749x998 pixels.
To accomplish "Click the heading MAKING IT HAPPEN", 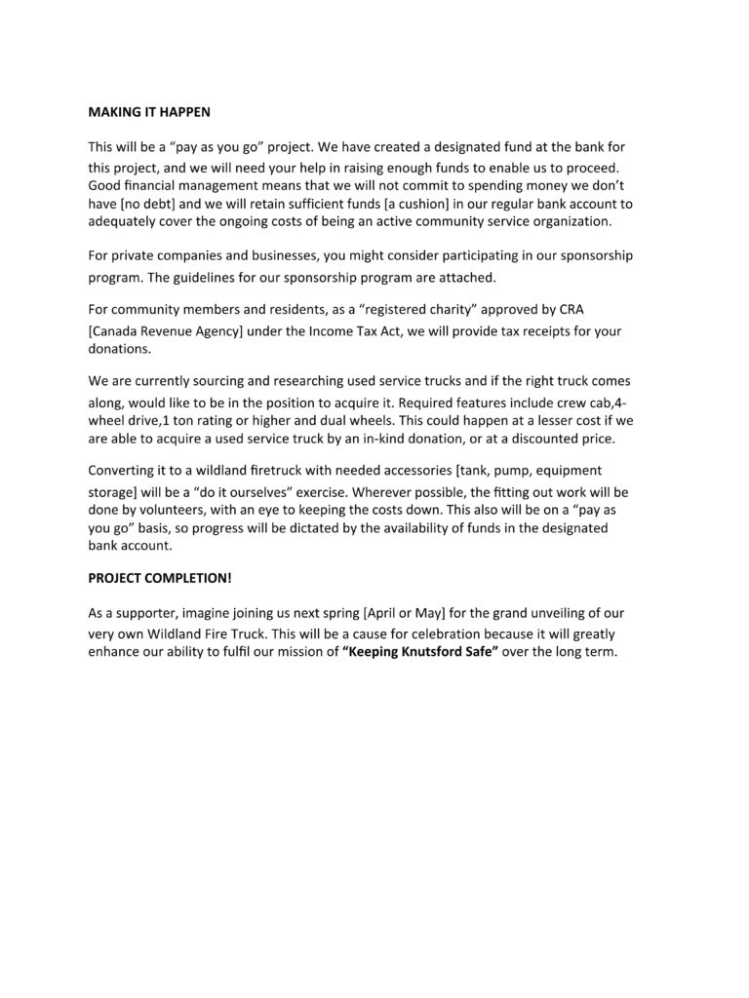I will coord(148,112).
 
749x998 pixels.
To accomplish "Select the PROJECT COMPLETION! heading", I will coord(160,577).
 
